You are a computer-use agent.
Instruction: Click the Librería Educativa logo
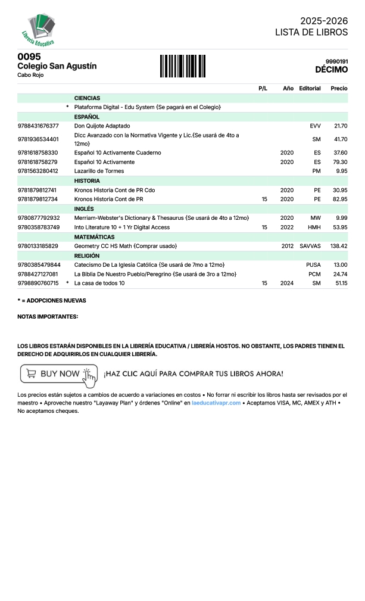click(x=39, y=29)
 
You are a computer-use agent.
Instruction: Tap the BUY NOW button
click(x=58, y=373)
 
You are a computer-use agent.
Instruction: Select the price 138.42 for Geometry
click(x=338, y=246)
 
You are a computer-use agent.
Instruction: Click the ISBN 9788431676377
click(x=38, y=126)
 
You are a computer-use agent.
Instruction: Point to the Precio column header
click(x=339, y=89)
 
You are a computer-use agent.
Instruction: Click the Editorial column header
click(x=310, y=89)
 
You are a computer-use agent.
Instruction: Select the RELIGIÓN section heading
click(x=87, y=256)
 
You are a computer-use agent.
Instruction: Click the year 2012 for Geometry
click(x=288, y=246)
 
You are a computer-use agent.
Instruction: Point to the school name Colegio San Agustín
click(x=57, y=66)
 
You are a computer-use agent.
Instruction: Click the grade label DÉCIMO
click(x=331, y=70)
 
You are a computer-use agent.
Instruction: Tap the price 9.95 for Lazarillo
click(x=341, y=171)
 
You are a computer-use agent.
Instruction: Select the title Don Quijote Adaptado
click(x=102, y=126)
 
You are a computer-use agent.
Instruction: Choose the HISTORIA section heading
click(x=87, y=180)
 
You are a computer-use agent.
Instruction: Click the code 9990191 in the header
click(x=336, y=61)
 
